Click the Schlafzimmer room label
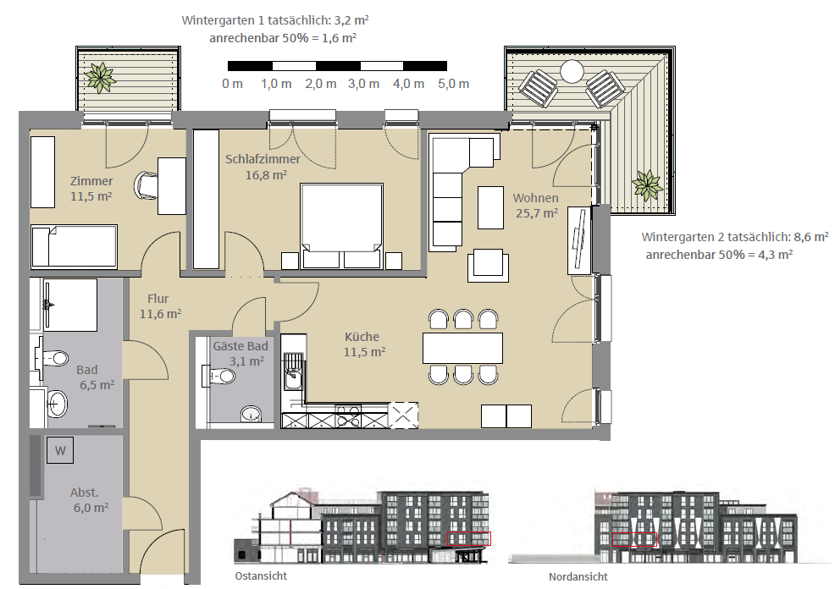click(x=263, y=159)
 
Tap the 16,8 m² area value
click(x=266, y=175)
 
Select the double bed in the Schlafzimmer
click(x=341, y=226)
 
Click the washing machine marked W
click(x=60, y=451)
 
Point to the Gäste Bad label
click(x=241, y=346)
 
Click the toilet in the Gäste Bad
click(x=219, y=377)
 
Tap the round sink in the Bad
click(x=57, y=404)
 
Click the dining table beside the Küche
click(x=462, y=349)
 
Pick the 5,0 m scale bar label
click(x=454, y=84)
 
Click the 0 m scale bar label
click(x=233, y=84)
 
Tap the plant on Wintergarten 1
click(x=100, y=78)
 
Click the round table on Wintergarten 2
click(x=572, y=71)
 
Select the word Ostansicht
click(x=261, y=575)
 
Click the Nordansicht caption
click(x=578, y=577)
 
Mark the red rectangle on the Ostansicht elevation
click(x=469, y=538)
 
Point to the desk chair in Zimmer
click(x=147, y=185)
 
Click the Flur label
click(x=158, y=299)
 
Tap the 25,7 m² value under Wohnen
click(x=537, y=213)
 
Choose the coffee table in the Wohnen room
click(x=490, y=207)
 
